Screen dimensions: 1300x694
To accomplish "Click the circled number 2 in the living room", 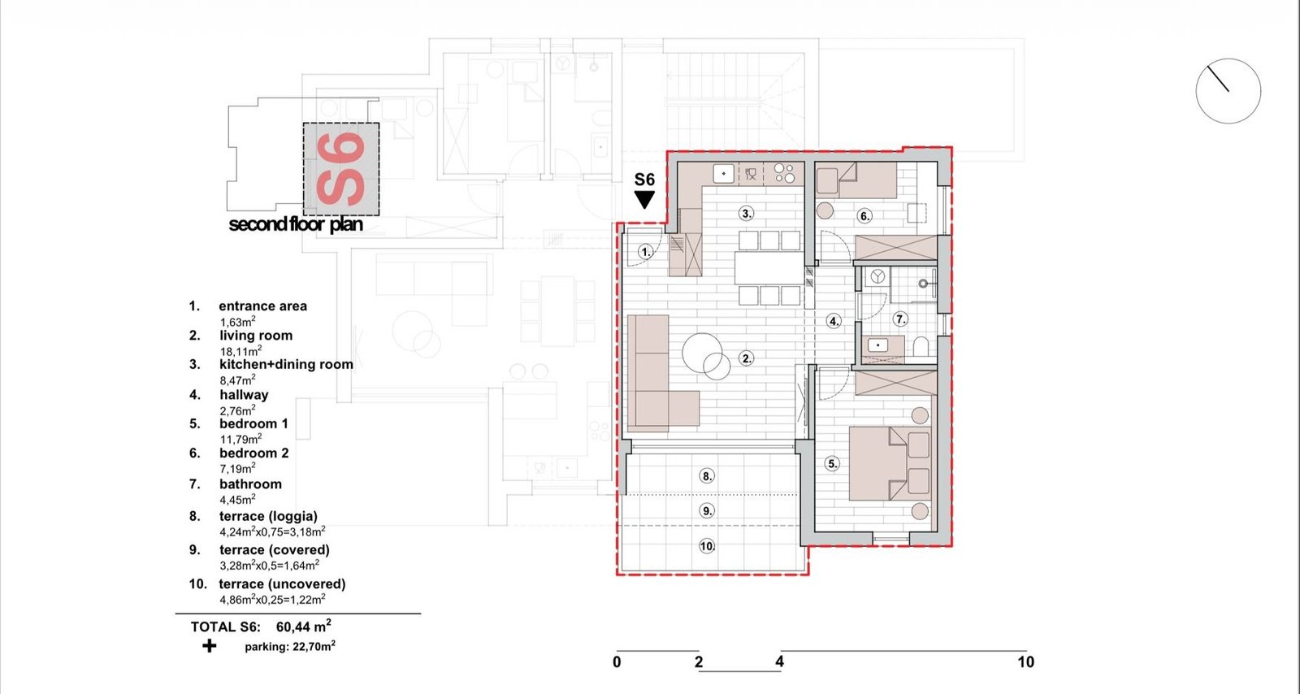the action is (747, 358).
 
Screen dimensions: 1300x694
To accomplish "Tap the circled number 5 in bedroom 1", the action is (832, 464).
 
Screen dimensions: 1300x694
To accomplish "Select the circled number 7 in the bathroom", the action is (900, 319).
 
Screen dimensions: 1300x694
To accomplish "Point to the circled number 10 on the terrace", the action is (707, 546).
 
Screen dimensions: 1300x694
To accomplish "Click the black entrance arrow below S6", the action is (644, 200).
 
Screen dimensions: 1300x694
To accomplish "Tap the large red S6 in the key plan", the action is (341, 169).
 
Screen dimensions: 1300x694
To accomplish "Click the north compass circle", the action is (1228, 91).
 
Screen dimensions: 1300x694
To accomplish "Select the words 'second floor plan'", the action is (296, 224).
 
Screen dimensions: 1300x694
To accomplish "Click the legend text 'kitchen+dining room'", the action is (286, 364).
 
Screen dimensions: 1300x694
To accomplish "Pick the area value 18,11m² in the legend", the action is (240, 350).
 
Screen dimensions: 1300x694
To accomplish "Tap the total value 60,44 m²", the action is (304, 626).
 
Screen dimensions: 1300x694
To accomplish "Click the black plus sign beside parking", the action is (209, 646).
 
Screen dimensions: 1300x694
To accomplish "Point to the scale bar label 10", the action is (1025, 662).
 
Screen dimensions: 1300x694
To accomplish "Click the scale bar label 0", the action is (617, 662).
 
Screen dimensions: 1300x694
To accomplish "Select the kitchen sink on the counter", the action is (723, 173).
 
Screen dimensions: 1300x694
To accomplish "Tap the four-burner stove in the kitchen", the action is (784, 174).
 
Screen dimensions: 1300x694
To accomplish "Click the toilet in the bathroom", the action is (921, 346).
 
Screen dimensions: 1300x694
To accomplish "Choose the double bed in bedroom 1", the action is (890, 464).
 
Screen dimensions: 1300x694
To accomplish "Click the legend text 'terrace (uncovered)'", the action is (282, 584).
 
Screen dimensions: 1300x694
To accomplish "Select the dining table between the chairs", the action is (769, 267).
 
